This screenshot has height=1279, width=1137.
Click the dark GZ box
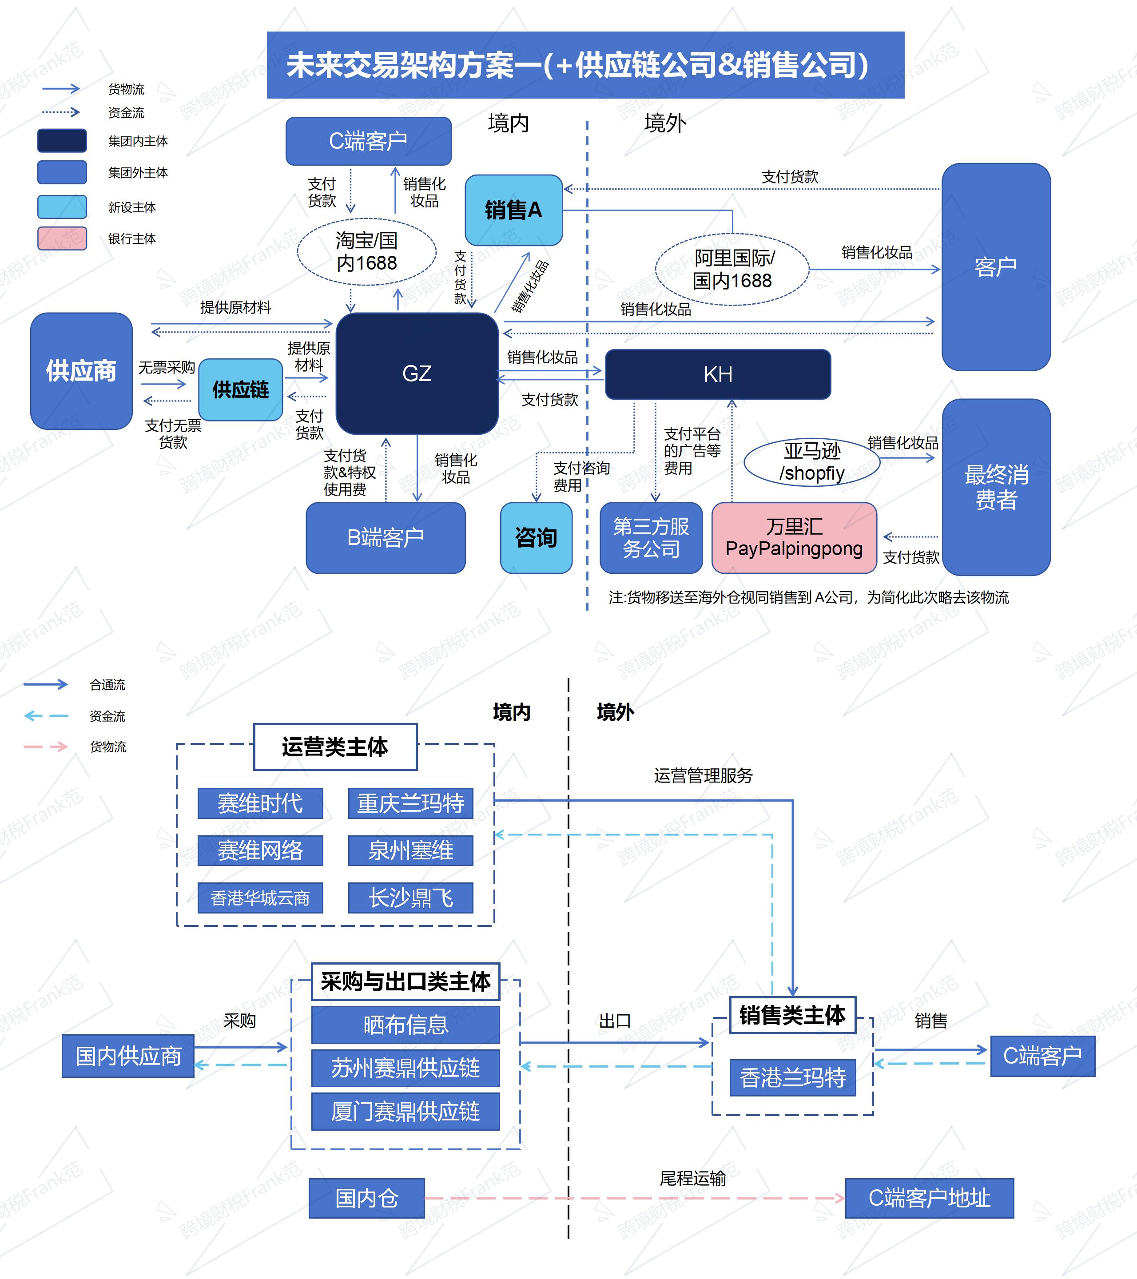[417, 373]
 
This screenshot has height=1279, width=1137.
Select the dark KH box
[718, 374]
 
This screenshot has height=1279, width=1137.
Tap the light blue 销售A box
[513, 210]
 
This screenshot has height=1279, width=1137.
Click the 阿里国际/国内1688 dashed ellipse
[731, 269]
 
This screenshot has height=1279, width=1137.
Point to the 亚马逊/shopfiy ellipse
[811, 462]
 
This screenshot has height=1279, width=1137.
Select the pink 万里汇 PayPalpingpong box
[794, 537]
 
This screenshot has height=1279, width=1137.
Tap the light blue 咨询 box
[536, 537]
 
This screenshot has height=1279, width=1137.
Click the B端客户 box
[386, 537]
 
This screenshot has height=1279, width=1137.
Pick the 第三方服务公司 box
[651, 537]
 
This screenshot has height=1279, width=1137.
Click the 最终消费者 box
[996, 487]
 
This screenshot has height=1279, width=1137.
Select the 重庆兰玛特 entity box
[410, 803]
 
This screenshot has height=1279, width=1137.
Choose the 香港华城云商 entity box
[260, 898]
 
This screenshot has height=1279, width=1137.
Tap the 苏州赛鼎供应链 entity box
[406, 1068]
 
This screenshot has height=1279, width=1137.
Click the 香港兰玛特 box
[792, 1077]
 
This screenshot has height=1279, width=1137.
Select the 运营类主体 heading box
[335, 747]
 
